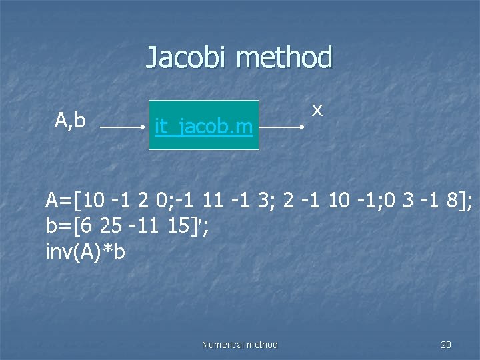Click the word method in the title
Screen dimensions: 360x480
click(284, 57)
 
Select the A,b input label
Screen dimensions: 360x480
click(70, 120)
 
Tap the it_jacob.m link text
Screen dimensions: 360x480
click(203, 125)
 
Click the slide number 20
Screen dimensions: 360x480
click(446, 345)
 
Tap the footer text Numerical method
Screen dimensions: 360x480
click(239, 345)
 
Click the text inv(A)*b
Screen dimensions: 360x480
click(85, 252)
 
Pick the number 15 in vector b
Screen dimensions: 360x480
click(180, 226)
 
